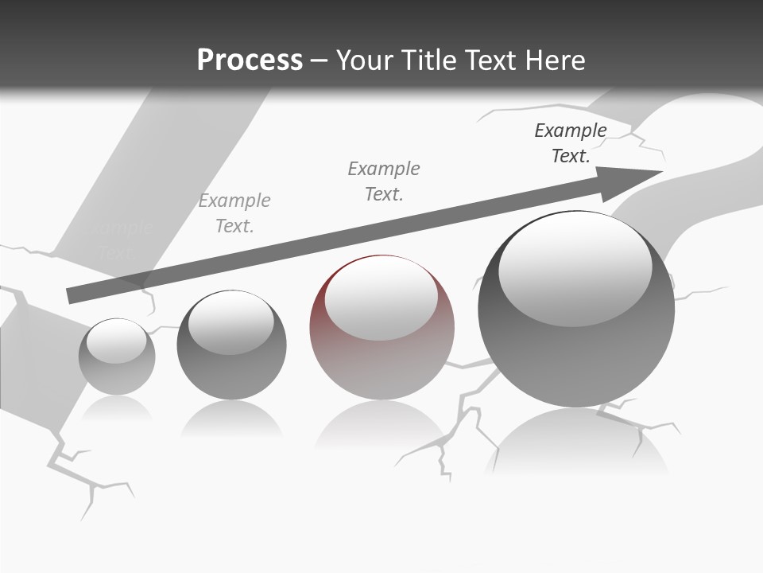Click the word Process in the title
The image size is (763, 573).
250,60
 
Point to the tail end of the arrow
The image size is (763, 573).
73,295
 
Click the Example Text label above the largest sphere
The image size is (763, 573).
571,143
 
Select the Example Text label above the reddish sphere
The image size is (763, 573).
384,181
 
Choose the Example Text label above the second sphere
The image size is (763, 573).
234,213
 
